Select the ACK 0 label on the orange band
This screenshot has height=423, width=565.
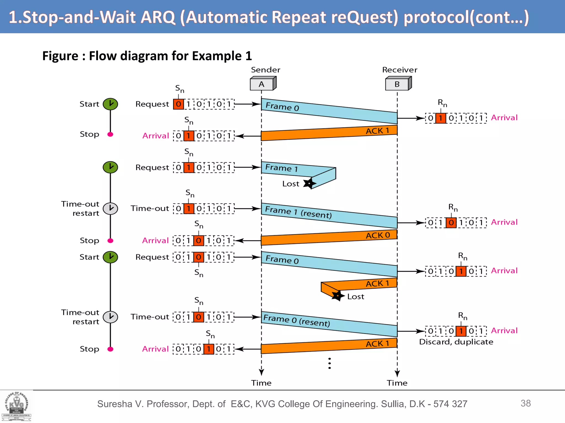pos(378,235)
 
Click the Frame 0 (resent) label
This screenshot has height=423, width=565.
pos(297,320)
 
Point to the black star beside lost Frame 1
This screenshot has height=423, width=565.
pos(309,183)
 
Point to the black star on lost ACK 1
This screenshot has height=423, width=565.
pos(337,296)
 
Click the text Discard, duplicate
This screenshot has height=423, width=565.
pos(456,342)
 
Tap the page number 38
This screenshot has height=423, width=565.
pos(526,403)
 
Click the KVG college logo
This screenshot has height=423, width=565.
pos(17,406)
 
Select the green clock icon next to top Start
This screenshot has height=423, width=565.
pos(110,104)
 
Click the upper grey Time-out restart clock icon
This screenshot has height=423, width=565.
pos(110,208)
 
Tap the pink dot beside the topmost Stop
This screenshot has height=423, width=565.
pos(110,134)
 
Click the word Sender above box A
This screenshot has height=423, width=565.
pos(265,70)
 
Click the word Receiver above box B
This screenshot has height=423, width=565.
pos(399,70)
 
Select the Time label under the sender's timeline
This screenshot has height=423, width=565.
pos(261,383)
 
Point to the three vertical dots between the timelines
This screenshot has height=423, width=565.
pos(330,364)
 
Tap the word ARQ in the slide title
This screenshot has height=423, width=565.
pos(158,17)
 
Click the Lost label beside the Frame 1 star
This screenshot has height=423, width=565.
pos(291,184)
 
